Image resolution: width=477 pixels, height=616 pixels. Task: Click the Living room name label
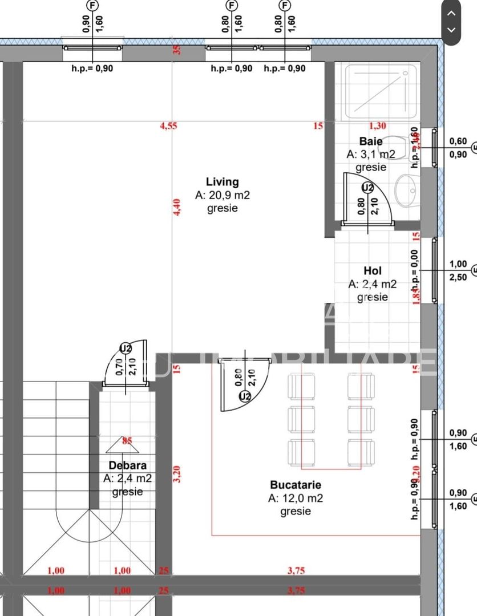point(222,182)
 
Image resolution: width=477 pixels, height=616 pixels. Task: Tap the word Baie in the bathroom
point(370,141)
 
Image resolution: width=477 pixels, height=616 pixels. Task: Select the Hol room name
point(372,271)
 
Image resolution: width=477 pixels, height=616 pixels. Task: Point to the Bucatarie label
point(296,485)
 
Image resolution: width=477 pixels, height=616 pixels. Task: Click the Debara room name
point(127,465)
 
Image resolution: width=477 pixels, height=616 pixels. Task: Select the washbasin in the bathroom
point(407,190)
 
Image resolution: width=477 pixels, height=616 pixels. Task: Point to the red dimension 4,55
point(168,126)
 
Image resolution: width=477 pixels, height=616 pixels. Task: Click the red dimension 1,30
point(377,126)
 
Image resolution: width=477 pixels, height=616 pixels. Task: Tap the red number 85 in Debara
point(127,440)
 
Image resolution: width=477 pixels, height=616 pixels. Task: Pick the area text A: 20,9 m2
point(222,195)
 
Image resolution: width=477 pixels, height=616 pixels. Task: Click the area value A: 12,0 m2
point(296,498)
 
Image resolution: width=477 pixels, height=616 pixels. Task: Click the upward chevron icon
point(451,13)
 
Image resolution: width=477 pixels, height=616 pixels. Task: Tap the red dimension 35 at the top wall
point(177,50)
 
